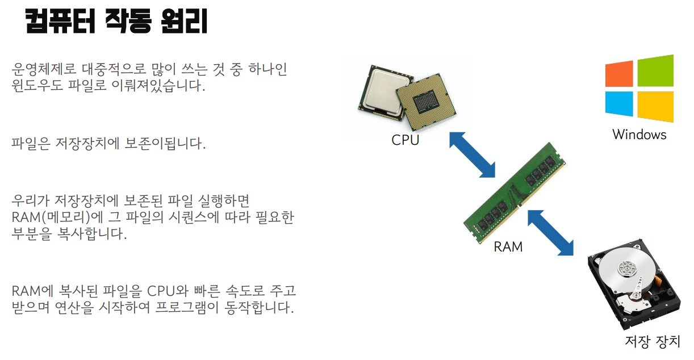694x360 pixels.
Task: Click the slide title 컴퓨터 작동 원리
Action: point(117,22)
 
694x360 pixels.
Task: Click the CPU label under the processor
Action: point(405,140)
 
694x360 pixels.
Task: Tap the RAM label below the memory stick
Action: point(508,247)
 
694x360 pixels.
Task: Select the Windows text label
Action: point(639,135)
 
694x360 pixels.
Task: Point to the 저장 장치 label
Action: point(652,342)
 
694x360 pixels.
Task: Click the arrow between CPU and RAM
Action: point(472,155)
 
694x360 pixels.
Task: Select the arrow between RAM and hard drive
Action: point(550,232)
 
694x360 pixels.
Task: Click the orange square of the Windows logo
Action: point(618,74)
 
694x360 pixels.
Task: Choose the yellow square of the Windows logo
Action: point(655,106)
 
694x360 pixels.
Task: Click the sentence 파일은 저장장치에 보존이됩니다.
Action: point(108,143)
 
